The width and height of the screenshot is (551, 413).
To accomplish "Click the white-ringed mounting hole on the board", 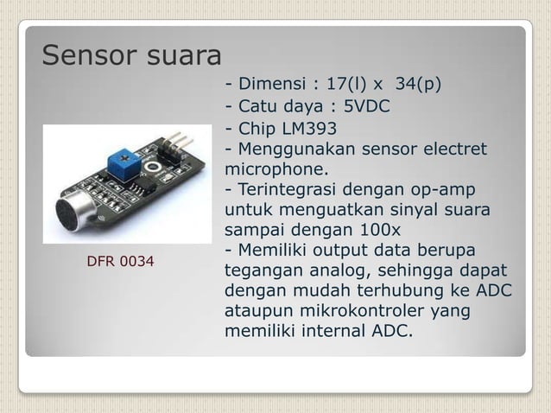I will (155, 167).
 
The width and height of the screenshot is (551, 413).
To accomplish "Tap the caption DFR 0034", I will (121, 260).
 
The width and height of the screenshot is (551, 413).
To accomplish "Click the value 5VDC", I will (367, 108).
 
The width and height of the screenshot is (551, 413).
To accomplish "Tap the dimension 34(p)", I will (418, 85).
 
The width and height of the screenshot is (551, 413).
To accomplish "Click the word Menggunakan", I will (294, 150).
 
